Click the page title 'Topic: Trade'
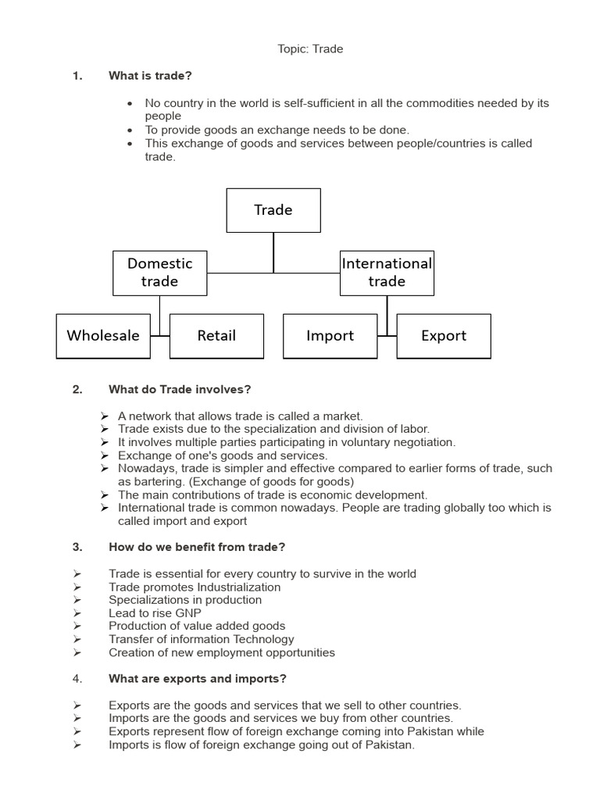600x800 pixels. [310, 49]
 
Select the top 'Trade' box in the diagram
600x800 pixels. [273, 210]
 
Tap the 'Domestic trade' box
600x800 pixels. [160, 273]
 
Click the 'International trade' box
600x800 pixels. [387, 273]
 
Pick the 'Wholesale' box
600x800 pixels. [103, 336]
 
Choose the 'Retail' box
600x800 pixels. [216, 336]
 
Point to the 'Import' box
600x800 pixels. [330, 336]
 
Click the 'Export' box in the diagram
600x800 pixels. [444, 336]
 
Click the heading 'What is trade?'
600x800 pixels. [150, 76]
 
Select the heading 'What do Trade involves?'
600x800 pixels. [180, 390]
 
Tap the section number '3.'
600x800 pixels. [77, 548]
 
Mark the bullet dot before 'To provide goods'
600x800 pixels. [130, 130]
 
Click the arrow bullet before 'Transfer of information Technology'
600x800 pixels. [77, 639]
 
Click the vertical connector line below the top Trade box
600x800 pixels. [273, 252]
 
